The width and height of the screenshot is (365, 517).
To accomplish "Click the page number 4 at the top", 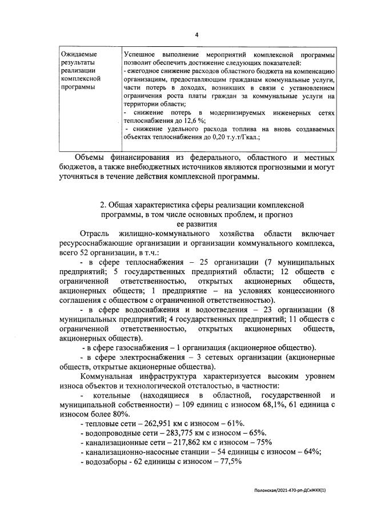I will (x=196, y=35).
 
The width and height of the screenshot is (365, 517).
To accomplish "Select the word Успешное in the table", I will (x=141, y=54).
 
